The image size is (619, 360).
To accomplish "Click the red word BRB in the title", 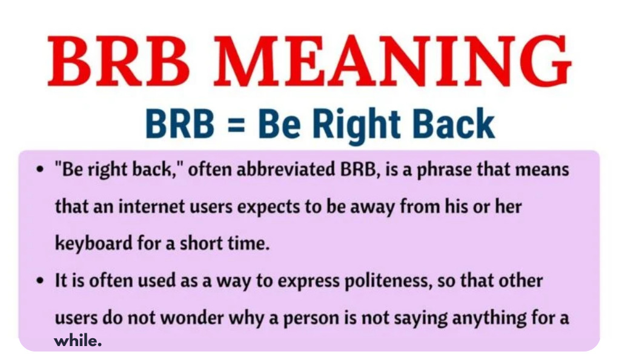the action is pos(119,61).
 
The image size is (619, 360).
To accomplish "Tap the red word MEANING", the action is pos(392,61).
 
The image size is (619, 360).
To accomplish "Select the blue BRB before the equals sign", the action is pos(180,123).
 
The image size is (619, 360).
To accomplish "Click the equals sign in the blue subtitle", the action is pos(236,124).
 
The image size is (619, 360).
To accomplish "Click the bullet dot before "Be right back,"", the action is pos(39,170).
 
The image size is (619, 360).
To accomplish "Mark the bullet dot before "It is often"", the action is pos(39,281).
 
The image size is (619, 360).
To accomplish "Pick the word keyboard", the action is pos(93,242).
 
